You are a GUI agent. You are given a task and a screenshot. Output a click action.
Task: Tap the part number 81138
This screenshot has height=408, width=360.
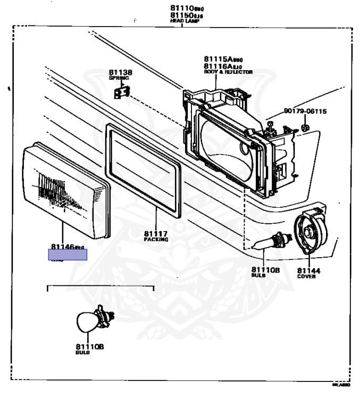point(121,72)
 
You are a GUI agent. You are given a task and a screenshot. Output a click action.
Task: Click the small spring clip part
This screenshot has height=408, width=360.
point(121,92)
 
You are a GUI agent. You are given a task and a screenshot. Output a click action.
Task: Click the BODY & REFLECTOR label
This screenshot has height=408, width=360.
point(228,72)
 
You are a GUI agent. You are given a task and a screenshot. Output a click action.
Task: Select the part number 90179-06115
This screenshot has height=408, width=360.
point(305,112)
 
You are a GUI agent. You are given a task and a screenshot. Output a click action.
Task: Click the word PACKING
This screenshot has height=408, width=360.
point(156,240)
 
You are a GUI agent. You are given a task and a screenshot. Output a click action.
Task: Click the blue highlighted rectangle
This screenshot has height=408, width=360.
point(68,255)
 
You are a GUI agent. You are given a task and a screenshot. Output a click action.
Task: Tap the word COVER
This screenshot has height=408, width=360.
point(306,276)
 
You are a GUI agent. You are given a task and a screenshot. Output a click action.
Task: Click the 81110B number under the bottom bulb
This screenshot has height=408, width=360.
point(90,346)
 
